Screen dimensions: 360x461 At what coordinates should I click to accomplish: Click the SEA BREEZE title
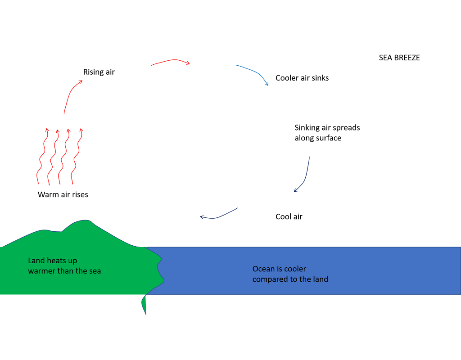tap(399, 58)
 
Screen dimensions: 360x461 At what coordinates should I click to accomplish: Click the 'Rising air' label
tap(99, 72)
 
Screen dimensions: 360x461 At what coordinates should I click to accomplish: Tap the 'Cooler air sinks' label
tap(302, 78)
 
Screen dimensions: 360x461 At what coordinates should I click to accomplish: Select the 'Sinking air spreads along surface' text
tap(327, 133)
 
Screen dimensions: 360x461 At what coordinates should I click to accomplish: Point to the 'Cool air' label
tap(289, 216)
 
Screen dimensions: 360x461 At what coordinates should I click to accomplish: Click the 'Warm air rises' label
tap(63, 195)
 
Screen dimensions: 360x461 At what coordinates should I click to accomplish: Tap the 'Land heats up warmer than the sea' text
tap(64, 266)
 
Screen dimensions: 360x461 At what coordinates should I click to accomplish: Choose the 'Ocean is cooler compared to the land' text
tap(290, 274)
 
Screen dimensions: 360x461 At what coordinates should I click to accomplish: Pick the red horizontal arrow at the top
tap(171, 62)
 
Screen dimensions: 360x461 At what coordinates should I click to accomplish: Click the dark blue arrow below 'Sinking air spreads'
tap(304, 175)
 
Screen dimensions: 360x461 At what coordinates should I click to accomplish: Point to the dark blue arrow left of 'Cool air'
tap(219, 215)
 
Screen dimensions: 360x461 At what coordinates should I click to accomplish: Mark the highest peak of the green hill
tap(84, 221)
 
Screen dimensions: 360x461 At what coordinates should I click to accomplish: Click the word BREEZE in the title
tap(407, 58)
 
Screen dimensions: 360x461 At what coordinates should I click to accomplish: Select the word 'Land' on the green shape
tap(36, 261)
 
